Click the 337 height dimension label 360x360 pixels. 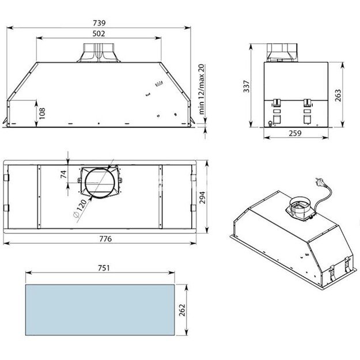pyautogui.click(x=247, y=87)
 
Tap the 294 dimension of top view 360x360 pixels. pyautogui.click(x=202, y=198)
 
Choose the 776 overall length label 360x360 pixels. pyautogui.click(x=104, y=238)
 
